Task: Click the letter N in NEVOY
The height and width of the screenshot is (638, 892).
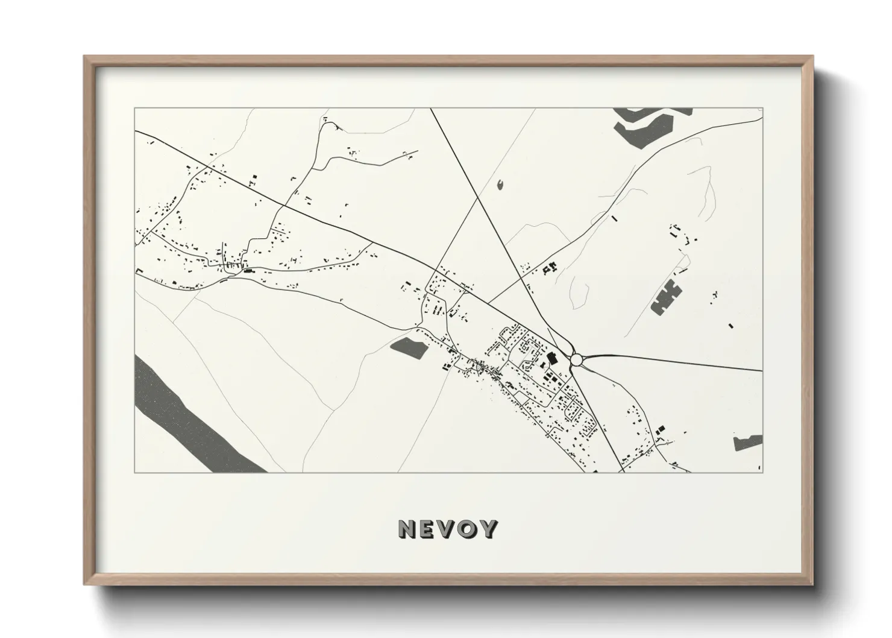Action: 408,529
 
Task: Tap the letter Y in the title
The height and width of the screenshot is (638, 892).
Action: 487,529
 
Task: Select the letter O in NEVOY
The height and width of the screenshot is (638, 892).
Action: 466,529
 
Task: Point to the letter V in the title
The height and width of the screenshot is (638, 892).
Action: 447,529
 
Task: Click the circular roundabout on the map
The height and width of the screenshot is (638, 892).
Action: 577,360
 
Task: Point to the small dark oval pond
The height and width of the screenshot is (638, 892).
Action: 500,184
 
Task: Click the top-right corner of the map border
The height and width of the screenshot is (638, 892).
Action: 762,108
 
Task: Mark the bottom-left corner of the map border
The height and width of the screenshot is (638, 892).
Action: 135,472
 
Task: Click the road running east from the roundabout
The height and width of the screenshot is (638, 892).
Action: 675,361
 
